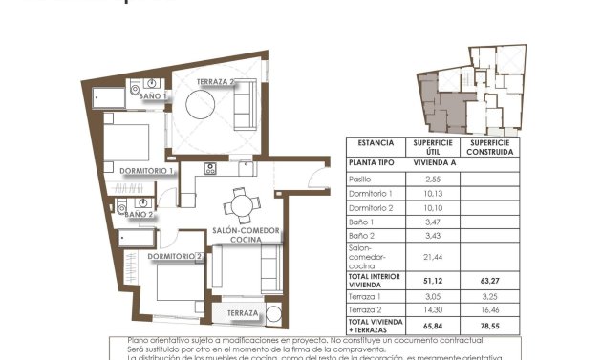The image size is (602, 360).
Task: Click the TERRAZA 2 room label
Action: [217, 82]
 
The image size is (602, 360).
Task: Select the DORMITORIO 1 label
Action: [145, 171]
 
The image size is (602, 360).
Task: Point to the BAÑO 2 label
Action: [139, 215]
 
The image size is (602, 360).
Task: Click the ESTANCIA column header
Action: [376, 143]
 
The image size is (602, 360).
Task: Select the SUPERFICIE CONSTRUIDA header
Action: [491, 147]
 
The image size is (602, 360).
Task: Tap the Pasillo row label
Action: [359, 179]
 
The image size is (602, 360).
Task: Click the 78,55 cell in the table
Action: [491, 326]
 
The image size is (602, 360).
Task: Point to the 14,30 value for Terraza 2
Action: [432, 310]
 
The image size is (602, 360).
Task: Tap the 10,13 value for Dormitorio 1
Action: [432, 193]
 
